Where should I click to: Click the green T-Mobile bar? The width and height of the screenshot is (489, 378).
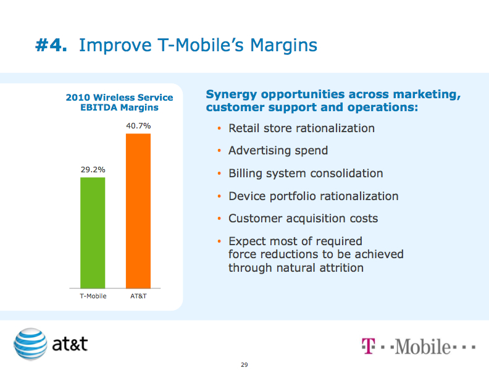point(93,233)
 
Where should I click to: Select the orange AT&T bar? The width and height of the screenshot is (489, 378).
point(138,211)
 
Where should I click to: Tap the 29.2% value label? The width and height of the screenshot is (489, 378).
point(93,168)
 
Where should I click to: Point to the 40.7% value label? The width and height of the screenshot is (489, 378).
point(138,125)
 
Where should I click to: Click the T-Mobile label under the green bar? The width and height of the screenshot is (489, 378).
point(93,296)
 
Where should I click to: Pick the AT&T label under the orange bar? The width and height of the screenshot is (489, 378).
point(138,296)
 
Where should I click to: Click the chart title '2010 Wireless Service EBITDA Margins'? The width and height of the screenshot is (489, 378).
point(119,103)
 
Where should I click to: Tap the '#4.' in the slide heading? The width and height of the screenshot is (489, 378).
point(51,45)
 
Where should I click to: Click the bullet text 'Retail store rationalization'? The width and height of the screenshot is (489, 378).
point(301,128)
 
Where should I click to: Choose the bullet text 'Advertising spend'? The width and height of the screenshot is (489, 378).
point(278,151)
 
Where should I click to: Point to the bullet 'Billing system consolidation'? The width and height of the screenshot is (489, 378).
point(306,174)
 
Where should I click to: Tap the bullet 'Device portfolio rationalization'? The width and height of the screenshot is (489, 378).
point(313,196)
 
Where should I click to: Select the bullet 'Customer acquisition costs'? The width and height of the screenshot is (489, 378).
point(303,219)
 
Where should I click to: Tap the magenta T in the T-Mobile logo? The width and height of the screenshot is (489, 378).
point(368,345)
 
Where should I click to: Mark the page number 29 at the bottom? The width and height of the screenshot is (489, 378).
point(244,365)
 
